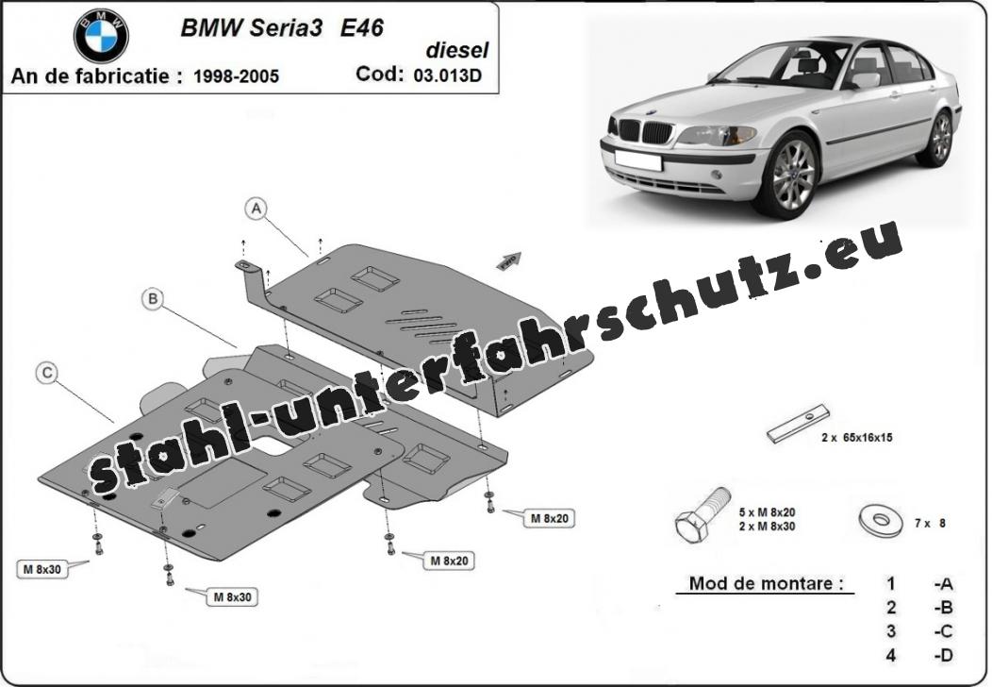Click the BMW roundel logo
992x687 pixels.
[x=101, y=36]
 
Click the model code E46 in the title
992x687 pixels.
[x=361, y=28]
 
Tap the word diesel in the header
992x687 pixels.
[x=456, y=50]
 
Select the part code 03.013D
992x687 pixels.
[x=447, y=75]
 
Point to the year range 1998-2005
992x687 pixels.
[x=236, y=76]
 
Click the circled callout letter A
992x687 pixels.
[x=256, y=209]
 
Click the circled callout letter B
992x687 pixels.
[x=153, y=298]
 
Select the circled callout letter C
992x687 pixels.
[x=47, y=374]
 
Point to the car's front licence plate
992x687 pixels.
[x=637, y=159]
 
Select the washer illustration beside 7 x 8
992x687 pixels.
[x=881, y=520]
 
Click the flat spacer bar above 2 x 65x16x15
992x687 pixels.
[x=798, y=425]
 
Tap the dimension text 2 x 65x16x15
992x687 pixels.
[x=856, y=438]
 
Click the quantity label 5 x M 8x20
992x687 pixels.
[x=767, y=512]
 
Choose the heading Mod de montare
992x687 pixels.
[x=766, y=582]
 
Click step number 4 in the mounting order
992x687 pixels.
[x=891, y=655]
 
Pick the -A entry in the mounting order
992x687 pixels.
[x=943, y=584]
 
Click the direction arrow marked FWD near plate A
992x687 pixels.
[x=508, y=260]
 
